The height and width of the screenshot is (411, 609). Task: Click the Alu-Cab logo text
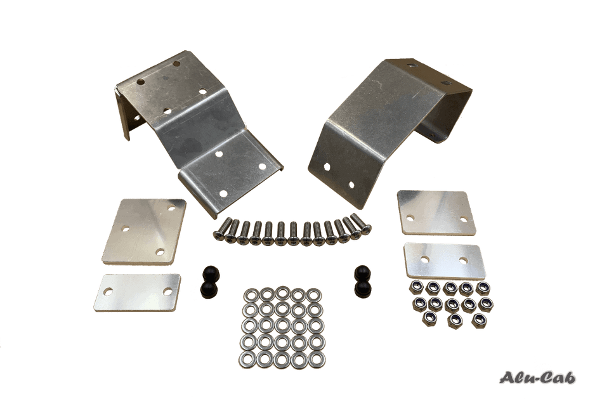pos(537,377)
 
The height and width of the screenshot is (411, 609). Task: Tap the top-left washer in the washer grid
pos(251,294)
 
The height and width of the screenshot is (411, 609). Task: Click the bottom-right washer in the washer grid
pos(317,360)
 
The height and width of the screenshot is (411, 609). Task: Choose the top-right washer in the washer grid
pos(314,295)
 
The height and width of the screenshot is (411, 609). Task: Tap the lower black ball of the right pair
pos(363,287)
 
